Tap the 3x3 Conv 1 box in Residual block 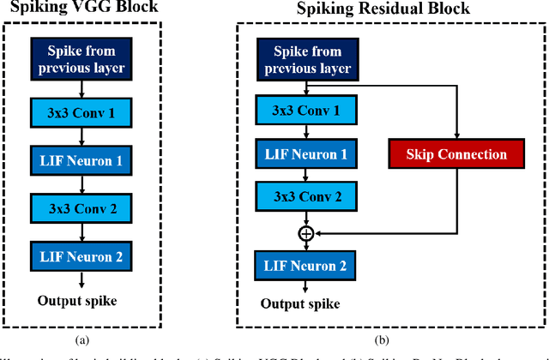click(x=306, y=111)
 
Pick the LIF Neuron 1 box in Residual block click(x=306, y=153)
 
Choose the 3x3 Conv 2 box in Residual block click(x=306, y=196)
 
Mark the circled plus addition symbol click(x=306, y=233)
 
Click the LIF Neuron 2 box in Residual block click(x=306, y=266)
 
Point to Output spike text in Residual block click(x=300, y=304)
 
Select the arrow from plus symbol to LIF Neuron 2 click(x=306, y=245)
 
